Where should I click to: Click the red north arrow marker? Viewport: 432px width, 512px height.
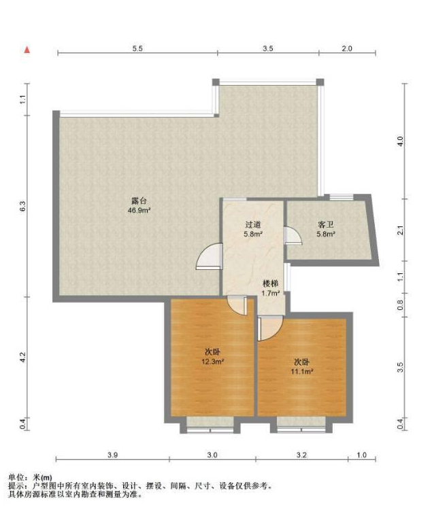pyautogui.click(x=27, y=50)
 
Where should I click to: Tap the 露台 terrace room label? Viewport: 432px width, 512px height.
pyautogui.click(x=139, y=201)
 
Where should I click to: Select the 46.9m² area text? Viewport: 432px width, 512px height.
pyautogui.click(x=139, y=210)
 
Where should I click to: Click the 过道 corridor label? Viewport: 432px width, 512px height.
pyautogui.click(x=253, y=224)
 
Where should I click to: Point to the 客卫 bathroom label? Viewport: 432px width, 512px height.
pyautogui.click(x=326, y=224)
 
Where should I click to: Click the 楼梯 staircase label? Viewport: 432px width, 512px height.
pyautogui.click(x=271, y=284)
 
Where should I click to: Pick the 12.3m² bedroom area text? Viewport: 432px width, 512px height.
pyautogui.click(x=212, y=362)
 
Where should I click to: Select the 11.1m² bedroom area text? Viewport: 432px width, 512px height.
pyautogui.click(x=302, y=371)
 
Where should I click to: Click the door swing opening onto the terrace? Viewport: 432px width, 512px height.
pyautogui.click(x=209, y=256)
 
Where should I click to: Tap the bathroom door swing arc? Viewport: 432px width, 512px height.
pyautogui.click(x=293, y=235)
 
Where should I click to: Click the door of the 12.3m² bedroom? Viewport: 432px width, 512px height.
pyautogui.click(x=237, y=305)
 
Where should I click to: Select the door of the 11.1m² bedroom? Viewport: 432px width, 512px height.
pyautogui.click(x=270, y=328)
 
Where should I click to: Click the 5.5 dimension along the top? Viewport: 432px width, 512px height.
pyautogui.click(x=137, y=49)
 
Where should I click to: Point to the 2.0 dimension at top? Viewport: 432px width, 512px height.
pyautogui.click(x=347, y=49)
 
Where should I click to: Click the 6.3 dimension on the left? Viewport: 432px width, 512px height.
pyautogui.click(x=22, y=206)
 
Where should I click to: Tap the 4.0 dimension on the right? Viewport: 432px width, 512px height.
pyautogui.click(x=401, y=141)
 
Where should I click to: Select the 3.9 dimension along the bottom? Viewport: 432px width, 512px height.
pyautogui.click(x=112, y=455)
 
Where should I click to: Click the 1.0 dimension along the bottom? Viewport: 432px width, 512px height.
pyautogui.click(x=361, y=455)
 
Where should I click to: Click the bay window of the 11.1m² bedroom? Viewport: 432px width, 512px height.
pyautogui.click(x=301, y=424)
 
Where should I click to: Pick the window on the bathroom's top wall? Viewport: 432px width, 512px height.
pyautogui.click(x=341, y=197)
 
